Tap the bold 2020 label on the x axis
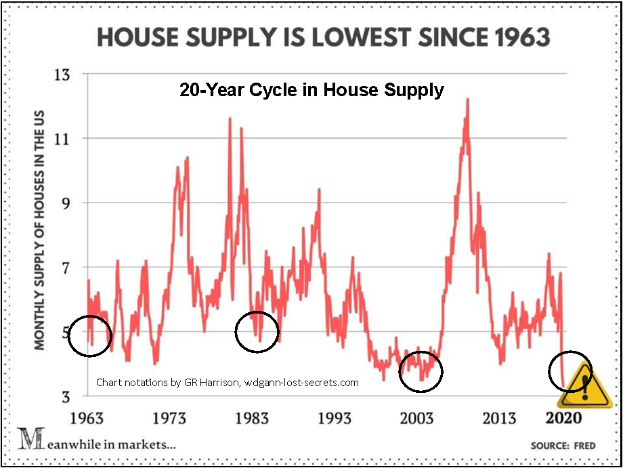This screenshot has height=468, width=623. (563, 417)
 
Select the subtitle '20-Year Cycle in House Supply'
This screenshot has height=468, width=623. (311, 90)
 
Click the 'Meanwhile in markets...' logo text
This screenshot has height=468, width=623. (98, 444)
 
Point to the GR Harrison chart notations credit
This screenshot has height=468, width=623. (228, 382)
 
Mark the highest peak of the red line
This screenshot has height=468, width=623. (467, 99)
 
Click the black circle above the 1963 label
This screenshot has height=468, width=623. (90, 337)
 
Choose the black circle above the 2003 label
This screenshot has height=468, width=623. (421, 370)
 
